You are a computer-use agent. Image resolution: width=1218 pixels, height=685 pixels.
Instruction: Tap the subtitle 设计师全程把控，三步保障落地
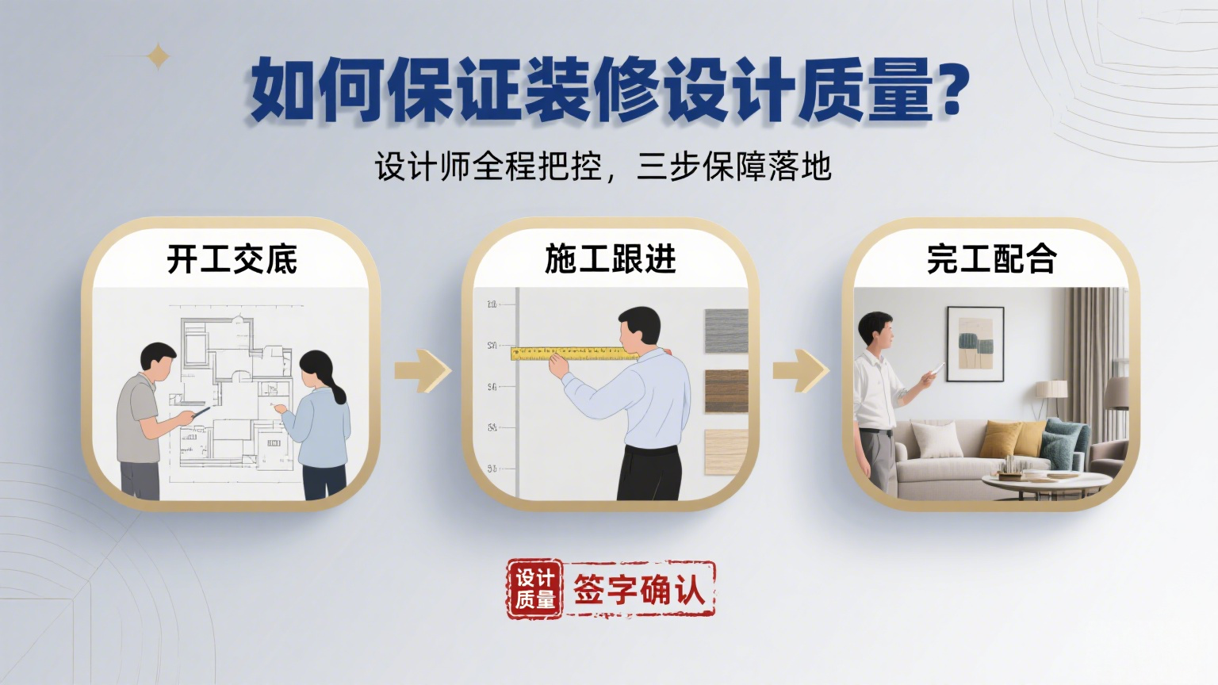[603, 166]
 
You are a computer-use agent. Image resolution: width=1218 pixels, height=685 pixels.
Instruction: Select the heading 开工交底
[232, 259]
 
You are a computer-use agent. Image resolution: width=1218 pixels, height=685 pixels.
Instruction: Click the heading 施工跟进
[610, 258]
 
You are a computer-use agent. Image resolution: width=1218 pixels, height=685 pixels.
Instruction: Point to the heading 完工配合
[992, 258]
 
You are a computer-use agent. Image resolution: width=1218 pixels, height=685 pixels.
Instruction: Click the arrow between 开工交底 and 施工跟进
[423, 371]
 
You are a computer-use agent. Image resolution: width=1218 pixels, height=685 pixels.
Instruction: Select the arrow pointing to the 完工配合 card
[802, 371]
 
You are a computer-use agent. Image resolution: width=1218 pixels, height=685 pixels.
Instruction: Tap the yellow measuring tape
[574, 354]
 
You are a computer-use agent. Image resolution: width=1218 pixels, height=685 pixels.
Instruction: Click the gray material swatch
[726, 331]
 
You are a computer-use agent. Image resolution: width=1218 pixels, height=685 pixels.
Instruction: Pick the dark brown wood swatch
[726, 392]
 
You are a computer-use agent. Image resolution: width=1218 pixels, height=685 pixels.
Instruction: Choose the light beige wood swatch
[726, 452]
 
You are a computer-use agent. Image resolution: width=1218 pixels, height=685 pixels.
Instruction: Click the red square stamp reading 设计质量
[535, 589]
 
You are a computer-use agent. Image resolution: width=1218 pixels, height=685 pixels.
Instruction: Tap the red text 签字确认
[639, 589]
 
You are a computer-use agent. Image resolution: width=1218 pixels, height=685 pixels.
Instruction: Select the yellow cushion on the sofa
[1000, 438]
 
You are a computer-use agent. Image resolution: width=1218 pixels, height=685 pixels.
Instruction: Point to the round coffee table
[1047, 482]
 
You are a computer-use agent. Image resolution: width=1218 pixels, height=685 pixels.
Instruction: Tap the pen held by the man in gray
[201, 412]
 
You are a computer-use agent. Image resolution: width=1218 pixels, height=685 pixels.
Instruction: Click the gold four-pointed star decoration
[159, 56]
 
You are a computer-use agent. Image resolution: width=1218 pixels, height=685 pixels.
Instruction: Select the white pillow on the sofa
[936, 440]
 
